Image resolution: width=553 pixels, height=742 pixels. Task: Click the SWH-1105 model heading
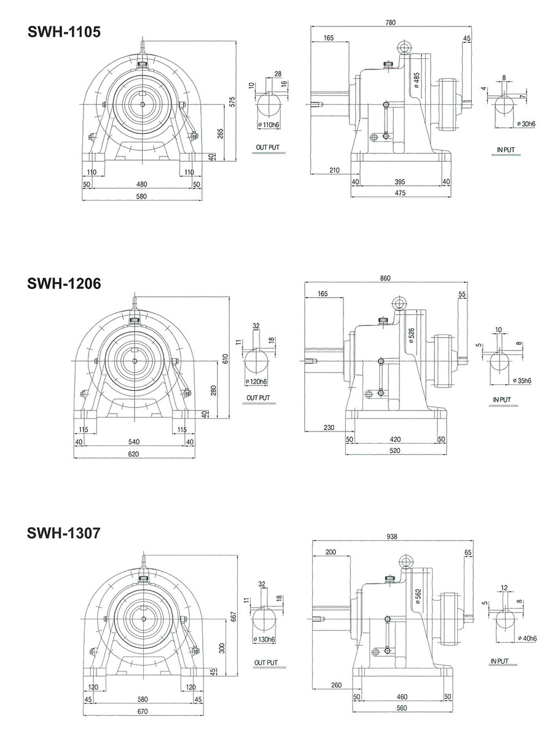click(x=63, y=33)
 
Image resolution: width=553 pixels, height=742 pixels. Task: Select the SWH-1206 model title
click(x=63, y=284)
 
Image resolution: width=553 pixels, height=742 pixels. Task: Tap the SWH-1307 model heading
click(x=63, y=533)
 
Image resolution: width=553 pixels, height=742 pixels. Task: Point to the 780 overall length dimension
click(x=390, y=23)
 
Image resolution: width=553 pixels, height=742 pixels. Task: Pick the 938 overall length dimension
click(x=392, y=536)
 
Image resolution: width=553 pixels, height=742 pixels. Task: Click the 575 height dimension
click(x=232, y=101)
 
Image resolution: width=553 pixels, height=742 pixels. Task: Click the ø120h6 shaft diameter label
click(x=256, y=382)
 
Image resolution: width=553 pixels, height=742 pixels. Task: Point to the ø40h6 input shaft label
click(x=525, y=638)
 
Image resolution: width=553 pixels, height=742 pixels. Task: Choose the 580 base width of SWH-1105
click(x=142, y=196)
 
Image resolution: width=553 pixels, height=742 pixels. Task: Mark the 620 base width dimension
click(x=133, y=454)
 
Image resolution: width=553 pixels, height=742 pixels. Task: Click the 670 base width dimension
click(x=142, y=712)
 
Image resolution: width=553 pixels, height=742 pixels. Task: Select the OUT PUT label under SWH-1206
click(x=258, y=398)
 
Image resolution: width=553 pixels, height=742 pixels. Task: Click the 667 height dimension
click(x=233, y=615)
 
